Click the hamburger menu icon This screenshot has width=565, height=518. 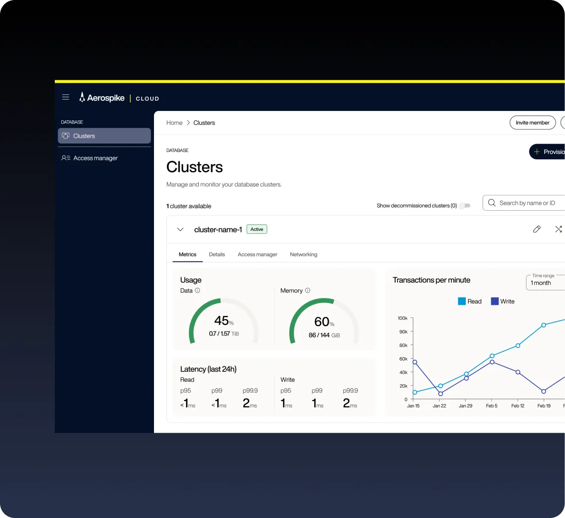pos(66,97)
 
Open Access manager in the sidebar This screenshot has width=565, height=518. pos(90,158)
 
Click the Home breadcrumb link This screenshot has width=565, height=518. pos(174,123)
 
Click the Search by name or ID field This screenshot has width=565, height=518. pos(524,203)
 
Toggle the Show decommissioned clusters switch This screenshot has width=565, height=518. pos(465,205)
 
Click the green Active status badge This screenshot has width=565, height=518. pos(257,229)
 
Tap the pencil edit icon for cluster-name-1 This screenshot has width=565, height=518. pos(537,229)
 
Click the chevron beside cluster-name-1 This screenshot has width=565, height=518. pos(181,229)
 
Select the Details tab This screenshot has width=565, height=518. pos(217,255)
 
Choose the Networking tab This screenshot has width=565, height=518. pos(303,255)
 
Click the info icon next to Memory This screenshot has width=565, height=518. pos(308,291)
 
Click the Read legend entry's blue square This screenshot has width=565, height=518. pos(461,301)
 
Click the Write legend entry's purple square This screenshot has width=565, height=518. pos(495,301)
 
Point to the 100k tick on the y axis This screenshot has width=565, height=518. pos(403,318)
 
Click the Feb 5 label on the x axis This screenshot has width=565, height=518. pos(491,406)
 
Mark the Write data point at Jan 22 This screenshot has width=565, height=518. pos(440,394)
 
